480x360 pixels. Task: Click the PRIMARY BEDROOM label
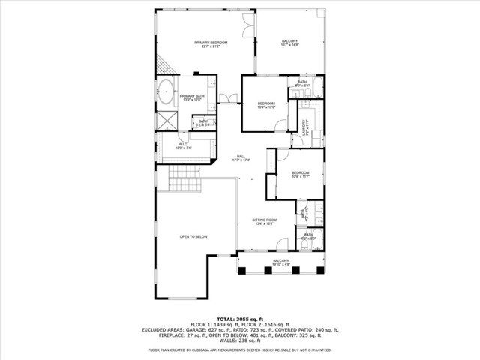click(211, 44)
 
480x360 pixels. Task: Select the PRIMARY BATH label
click(191, 97)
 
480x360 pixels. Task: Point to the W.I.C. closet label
click(184, 146)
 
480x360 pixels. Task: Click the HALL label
click(241, 157)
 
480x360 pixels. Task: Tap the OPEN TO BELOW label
click(193, 237)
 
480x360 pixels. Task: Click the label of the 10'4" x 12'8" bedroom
click(267, 105)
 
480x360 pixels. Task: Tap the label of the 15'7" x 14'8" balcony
click(289, 43)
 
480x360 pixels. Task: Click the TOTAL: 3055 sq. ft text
click(240, 319)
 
